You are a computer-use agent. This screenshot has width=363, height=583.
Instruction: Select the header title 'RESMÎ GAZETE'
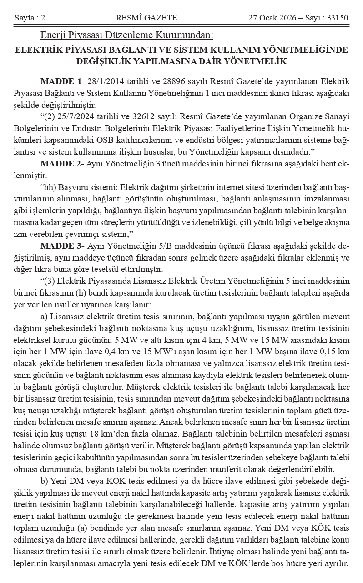point(146,18)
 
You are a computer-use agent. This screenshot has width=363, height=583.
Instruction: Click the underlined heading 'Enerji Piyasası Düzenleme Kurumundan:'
point(126,35)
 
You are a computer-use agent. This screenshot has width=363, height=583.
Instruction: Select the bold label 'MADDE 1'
point(60,82)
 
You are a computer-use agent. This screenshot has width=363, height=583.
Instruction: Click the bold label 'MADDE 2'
point(60,163)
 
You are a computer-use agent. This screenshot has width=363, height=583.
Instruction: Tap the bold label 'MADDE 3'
point(60,246)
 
